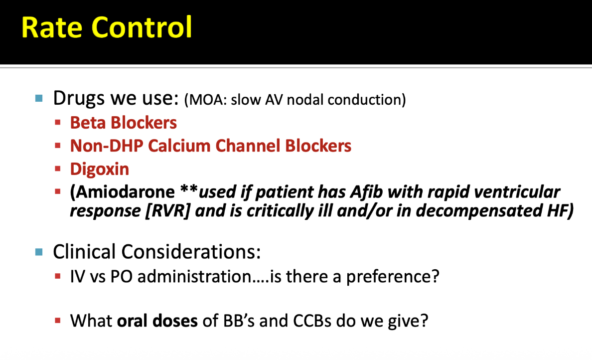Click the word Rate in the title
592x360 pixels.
click(52, 27)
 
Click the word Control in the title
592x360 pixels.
click(142, 27)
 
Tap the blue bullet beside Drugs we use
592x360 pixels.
click(39, 99)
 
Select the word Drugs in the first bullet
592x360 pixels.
click(79, 98)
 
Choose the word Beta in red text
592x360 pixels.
click(88, 123)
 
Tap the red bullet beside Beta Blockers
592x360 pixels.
click(58, 122)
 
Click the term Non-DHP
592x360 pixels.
click(107, 146)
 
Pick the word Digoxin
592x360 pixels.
click(100, 169)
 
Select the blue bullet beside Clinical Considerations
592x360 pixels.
click(39, 252)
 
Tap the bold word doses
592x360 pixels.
click(175, 321)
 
